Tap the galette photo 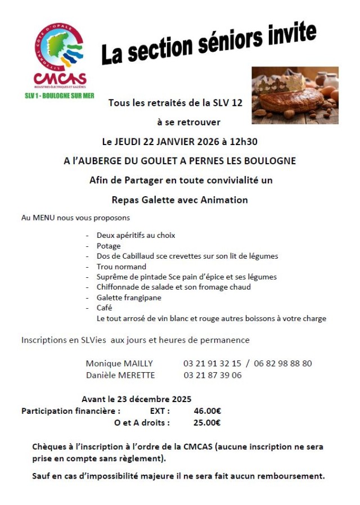[295, 95]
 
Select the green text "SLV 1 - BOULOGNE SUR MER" [60, 96]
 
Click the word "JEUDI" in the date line [127, 141]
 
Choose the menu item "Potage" [109, 246]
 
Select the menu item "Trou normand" [121, 267]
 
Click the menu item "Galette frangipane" [129, 297]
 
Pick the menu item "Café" [104, 308]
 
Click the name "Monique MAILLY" [119, 363]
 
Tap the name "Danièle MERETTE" [120, 375]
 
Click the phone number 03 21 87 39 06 [213, 375]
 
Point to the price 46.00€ [207, 411]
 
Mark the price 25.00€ [206, 423]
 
